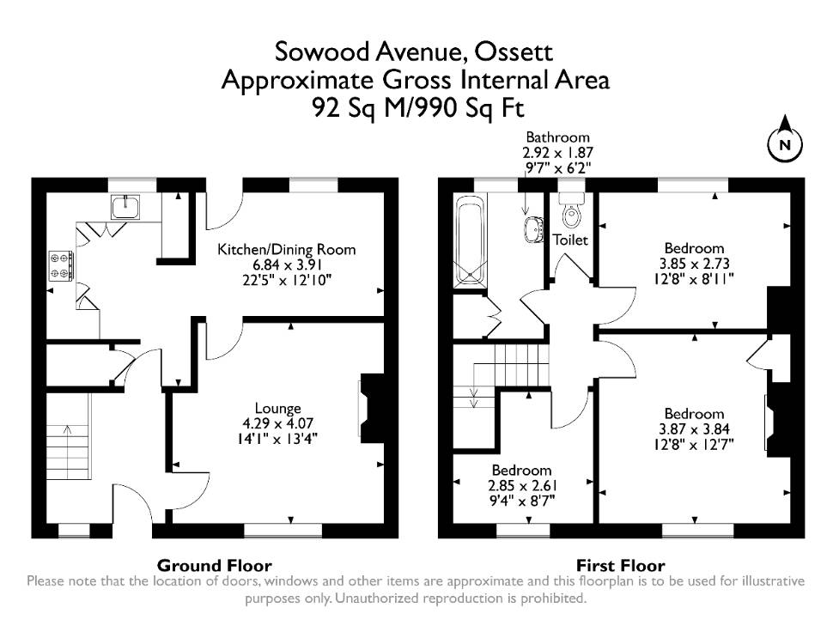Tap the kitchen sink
tap(125, 206)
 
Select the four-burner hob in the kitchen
tap(61, 265)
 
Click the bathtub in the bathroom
tap(470, 241)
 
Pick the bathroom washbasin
tap(532, 229)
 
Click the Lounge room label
tap(278, 408)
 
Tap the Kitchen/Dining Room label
tap(286, 249)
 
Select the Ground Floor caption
tap(214, 565)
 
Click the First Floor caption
tap(621, 565)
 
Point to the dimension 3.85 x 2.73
tap(694, 264)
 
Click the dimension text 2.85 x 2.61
tap(522, 486)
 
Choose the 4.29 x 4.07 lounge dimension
tap(278, 423)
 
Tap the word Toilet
tap(570, 240)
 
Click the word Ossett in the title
tap(514, 52)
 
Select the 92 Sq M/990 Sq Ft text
tap(418, 108)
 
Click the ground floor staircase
tap(69, 436)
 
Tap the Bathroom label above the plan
tap(557, 137)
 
